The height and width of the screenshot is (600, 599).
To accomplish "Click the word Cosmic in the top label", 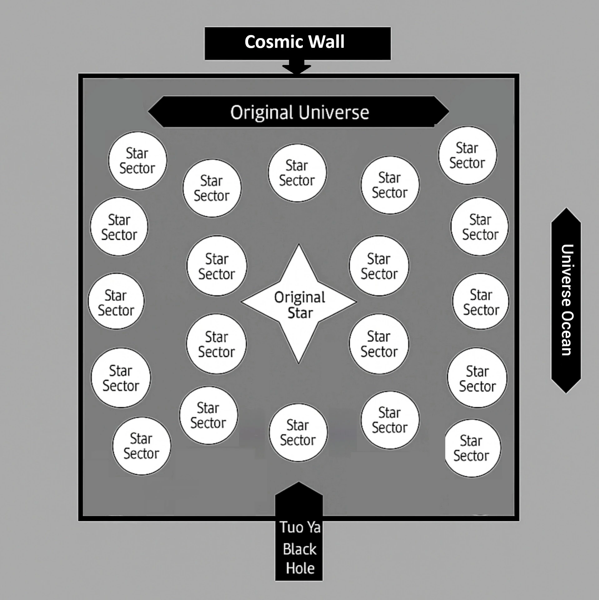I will [x=271, y=42].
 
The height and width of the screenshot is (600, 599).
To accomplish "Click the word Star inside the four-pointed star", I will [x=300, y=313].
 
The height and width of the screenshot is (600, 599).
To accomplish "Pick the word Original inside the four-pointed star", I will [x=300, y=297].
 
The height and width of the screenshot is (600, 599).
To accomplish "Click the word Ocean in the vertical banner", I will [x=566, y=333].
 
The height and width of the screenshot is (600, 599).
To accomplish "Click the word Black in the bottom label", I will [x=299, y=549].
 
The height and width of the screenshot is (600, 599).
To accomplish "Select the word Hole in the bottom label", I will [x=300, y=568].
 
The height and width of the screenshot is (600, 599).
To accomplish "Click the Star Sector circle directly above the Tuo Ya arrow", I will [x=298, y=432].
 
